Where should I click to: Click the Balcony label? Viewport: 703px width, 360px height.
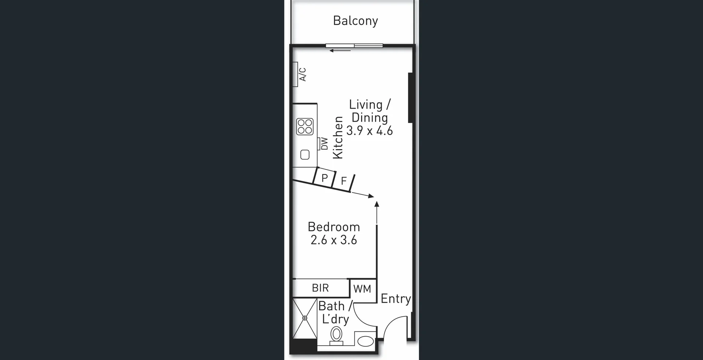355,21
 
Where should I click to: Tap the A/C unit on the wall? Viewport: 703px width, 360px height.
295,74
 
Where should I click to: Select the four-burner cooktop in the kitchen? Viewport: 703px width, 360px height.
305,126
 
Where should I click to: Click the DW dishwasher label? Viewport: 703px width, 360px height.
324,144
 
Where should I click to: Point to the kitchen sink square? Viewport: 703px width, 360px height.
305,155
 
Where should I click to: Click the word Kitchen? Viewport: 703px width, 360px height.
338,138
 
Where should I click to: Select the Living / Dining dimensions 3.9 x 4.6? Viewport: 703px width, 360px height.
369,131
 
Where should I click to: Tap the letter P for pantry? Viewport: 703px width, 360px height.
324,178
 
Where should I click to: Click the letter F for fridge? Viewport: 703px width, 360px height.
343,181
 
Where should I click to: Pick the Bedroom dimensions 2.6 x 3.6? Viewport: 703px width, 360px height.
334,240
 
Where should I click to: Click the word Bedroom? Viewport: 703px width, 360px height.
334,227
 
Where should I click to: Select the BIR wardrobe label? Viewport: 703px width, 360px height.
320,288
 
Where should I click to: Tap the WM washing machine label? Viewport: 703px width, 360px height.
362,289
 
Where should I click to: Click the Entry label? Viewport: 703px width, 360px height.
395,299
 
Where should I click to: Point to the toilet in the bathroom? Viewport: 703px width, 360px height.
336,335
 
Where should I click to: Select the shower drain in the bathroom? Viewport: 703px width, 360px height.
305,318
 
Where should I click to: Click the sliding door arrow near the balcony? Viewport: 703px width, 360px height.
340,51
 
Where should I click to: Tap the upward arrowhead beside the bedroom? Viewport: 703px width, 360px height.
377,204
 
